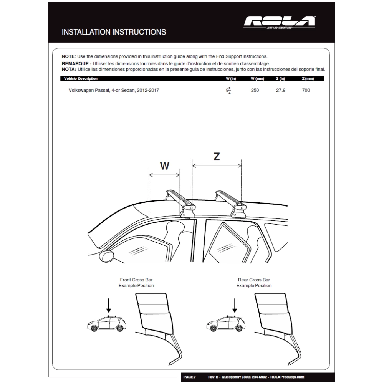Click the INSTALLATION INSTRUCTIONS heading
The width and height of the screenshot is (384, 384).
click(x=114, y=32)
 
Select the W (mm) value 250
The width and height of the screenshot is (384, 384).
click(x=255, y=90)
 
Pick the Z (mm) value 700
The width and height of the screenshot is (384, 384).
click(x=306, y=90)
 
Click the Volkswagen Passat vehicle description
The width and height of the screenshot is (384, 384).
click(x=113, y=90)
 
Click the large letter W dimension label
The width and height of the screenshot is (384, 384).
click(x=164, y=166)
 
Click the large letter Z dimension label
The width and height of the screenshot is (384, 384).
click(x=217, y=156)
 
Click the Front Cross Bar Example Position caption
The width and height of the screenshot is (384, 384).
click(x=136, y=283)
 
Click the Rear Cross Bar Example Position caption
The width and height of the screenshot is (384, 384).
click(x=254, y=283)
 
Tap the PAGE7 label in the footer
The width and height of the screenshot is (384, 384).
click(x=190, y=377)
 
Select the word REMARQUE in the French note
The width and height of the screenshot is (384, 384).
click(x=76, y=63)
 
